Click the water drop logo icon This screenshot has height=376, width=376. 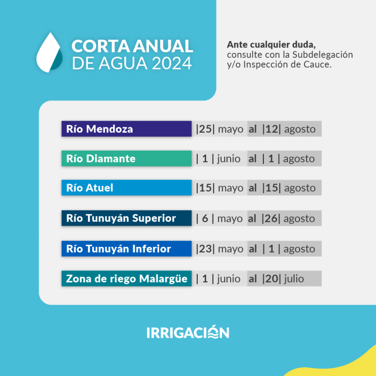pos(49,53)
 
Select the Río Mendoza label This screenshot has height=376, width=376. pos(126,129)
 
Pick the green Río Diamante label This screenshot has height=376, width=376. pos(126,159)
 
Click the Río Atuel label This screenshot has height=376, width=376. pos(126,188)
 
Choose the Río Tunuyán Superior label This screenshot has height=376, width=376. pos(126,218)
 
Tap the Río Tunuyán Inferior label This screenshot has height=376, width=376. pos(126,249)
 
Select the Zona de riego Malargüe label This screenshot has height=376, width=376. pos(126,279)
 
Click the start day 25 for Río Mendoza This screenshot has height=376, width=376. pos(205,129)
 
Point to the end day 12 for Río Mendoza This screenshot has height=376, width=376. pos(271,129)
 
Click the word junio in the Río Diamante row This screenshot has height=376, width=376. pos(229,159)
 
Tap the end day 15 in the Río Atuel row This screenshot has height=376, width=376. pos(271,188)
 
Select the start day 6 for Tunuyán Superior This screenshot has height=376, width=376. pos(205,218)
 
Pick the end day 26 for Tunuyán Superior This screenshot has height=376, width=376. pos(271,218)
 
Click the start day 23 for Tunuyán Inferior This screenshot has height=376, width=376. pos(205,249)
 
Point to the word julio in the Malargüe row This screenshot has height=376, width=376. pos(294,279)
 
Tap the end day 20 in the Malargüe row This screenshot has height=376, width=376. pos(271,279)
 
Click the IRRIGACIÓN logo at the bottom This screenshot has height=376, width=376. pos(188,332)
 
